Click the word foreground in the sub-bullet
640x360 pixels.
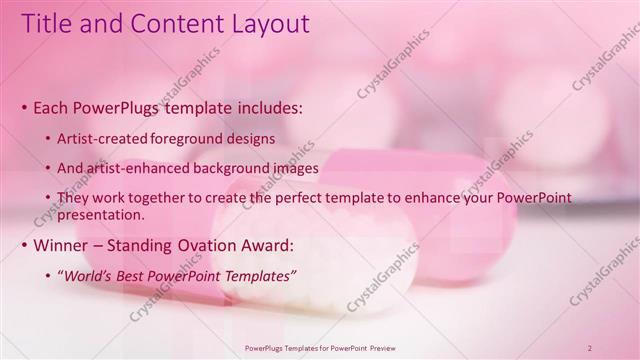[191, 138]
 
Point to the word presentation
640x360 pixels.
[103, 214]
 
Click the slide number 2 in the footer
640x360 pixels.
[590, 348]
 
